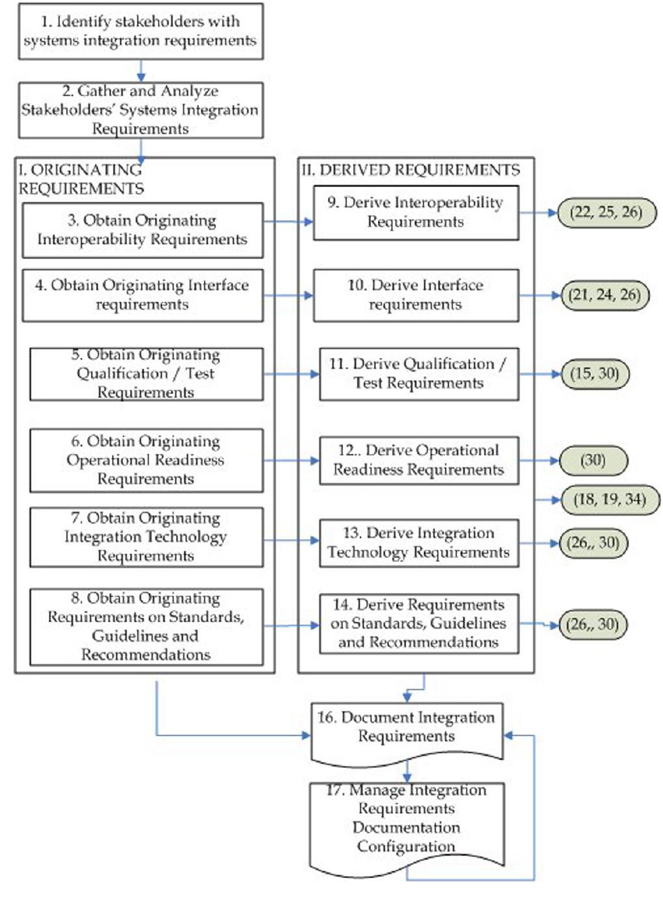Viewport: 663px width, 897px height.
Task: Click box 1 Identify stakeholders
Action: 140,31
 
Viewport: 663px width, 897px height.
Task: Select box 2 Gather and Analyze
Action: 140,110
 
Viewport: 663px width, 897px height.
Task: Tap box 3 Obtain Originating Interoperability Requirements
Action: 142,230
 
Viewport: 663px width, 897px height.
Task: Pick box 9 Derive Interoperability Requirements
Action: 416,212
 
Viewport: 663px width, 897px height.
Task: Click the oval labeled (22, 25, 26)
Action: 606,212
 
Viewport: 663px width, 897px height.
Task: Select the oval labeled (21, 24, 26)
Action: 605,295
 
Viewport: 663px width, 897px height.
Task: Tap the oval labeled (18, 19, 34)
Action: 609,499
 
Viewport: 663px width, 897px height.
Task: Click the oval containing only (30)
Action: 593,461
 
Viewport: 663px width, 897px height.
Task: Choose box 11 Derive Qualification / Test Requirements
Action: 419,373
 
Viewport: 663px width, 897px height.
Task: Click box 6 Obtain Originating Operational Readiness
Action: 146,460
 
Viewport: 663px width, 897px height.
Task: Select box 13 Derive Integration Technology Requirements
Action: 419,543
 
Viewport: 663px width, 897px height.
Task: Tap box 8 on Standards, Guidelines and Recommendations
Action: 146,626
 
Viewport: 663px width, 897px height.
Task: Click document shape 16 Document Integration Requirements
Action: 407,727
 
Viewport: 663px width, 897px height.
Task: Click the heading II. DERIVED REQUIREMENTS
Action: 410,170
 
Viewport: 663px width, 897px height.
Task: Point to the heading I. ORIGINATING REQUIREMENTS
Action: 81,179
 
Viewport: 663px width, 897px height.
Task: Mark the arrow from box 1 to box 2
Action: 140,71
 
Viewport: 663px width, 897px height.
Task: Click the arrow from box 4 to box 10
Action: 288,296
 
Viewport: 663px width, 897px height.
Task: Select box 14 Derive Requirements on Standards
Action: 419,624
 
